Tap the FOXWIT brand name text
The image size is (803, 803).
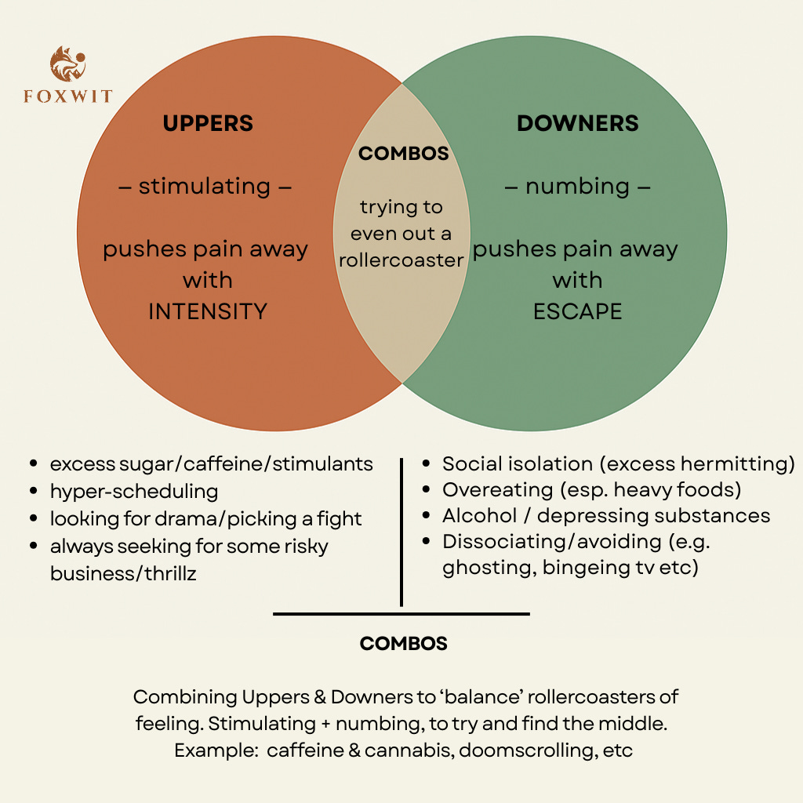(x=67, y=97)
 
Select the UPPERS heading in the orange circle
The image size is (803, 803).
(x=208, y=123)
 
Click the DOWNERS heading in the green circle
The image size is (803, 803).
(x=577, y=123)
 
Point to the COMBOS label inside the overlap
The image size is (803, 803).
(x=403, y=153)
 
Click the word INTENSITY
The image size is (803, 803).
(x=208, y=311)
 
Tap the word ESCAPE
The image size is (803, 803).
(x=577, y=311)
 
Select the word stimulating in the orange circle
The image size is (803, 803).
(x=205, y=187)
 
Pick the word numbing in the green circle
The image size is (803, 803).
(x=578, y=187)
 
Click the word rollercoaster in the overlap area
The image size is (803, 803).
(x=401, y=260)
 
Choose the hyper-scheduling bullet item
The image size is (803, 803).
(x=134, y=492)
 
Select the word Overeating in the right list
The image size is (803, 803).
(x=487, y=490)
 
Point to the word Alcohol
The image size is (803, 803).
(x=478, y=516)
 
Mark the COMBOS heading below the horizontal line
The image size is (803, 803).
(x=403, y=644)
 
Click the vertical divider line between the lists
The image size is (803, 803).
(x=401, y=533)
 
